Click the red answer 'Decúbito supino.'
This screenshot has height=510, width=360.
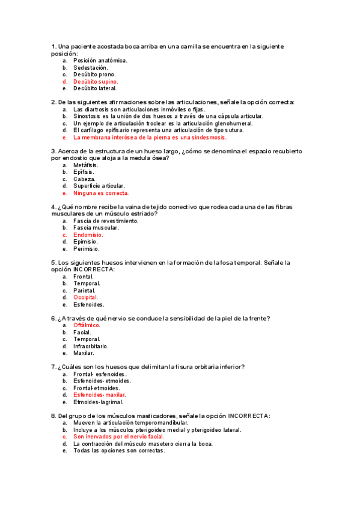(x=96, y=81)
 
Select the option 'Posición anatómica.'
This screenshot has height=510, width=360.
(x=100, y=61)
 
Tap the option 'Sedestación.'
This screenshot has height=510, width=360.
(x=91, y=67)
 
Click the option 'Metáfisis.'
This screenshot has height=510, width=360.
(x=87, y=165)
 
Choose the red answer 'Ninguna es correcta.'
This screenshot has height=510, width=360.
(x=101, y=193)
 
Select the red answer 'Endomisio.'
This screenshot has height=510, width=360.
(x=88, y=235)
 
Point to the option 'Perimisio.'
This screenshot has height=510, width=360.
(x=87, y=248)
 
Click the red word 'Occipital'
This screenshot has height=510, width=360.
(x=85, y=297)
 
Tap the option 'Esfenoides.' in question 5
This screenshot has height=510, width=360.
(x=89, y=304)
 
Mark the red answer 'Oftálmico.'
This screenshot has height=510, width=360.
(x=87, y=325)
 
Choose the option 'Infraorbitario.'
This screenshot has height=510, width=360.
(x=91, y=346)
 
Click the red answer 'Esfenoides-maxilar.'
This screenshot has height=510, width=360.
(x=97, y=395)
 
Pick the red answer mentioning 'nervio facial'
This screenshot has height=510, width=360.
(x=118, y=437)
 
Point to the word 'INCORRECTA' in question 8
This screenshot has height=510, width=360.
(x=249, y=416)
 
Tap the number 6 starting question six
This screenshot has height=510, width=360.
(x=53, y=318)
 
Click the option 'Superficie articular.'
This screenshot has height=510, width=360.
(x=99, y=186)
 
